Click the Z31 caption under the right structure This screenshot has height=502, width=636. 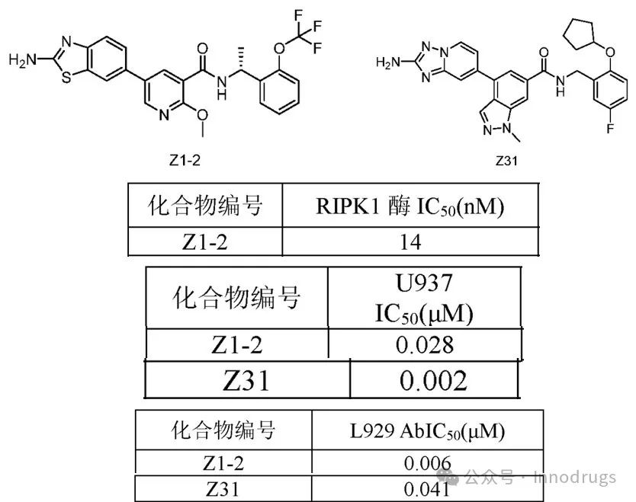[x=506, y=161]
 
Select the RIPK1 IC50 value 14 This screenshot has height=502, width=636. [x=410, y=241]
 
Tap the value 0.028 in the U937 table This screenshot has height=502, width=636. [x=425, y=344]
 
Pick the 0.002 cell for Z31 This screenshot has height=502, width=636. [x=434, y=379]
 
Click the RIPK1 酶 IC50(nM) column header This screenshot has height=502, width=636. [x=410, y=206]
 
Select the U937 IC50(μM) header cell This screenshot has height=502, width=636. [x=425, y=299]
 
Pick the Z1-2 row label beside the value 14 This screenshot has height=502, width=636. [x=204, y=241]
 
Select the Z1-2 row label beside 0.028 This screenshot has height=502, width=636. [x=236, y=344]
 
